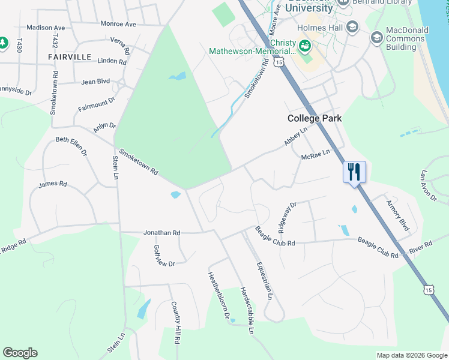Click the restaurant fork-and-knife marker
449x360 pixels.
354,172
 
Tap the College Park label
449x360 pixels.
315,118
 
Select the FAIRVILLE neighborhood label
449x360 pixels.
70,57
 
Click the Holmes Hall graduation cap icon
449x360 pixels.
352,27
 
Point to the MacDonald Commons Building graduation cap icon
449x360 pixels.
377,38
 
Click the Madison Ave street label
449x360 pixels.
46,28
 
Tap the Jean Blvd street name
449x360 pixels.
95,81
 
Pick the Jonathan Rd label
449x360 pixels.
161,232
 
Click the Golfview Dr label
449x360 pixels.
164,256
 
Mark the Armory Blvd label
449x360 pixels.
397,215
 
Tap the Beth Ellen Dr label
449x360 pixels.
71,145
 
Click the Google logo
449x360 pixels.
20,353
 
